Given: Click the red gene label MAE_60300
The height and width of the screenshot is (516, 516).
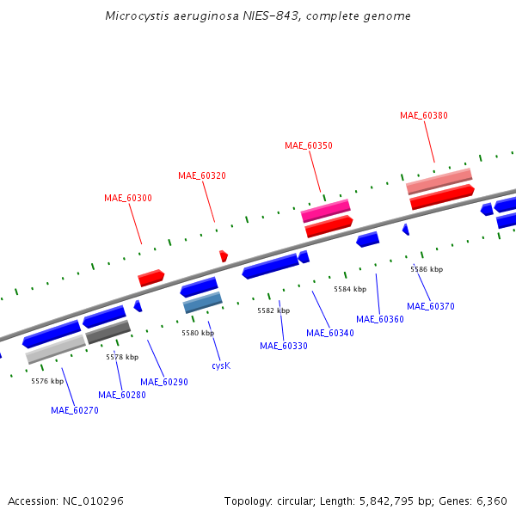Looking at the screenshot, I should pos(128,198).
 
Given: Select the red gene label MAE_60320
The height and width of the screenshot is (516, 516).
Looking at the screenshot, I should pos(202,175).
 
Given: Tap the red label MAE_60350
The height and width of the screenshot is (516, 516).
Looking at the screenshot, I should pos(309,145).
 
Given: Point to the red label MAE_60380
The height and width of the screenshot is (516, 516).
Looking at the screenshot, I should pos(424,115).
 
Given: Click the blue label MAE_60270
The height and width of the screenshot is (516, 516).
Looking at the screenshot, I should pos(75,410).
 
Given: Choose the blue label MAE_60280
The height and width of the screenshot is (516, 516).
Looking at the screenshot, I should pos(122,395).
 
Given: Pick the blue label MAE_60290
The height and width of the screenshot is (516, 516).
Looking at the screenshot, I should pos(164,382).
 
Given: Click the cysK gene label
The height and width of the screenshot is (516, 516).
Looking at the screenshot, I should pos(221,365).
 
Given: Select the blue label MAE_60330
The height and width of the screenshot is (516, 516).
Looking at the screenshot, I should pos(284,346).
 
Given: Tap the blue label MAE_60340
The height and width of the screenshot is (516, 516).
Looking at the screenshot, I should pos(330,332).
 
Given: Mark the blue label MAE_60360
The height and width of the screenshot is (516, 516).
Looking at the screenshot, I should pos(380,319).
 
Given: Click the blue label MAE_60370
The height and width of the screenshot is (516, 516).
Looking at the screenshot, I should pos(431,306).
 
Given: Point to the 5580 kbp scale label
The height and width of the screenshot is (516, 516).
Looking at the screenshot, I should pos(198,333).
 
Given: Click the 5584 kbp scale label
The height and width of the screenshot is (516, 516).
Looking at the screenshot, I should pos(350,289).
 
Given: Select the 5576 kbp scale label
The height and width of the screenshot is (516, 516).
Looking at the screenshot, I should pos(47,381).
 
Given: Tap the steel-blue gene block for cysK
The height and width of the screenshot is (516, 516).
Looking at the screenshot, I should pos(203,302).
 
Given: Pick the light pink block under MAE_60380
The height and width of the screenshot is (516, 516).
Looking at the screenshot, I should pos(439,181).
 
